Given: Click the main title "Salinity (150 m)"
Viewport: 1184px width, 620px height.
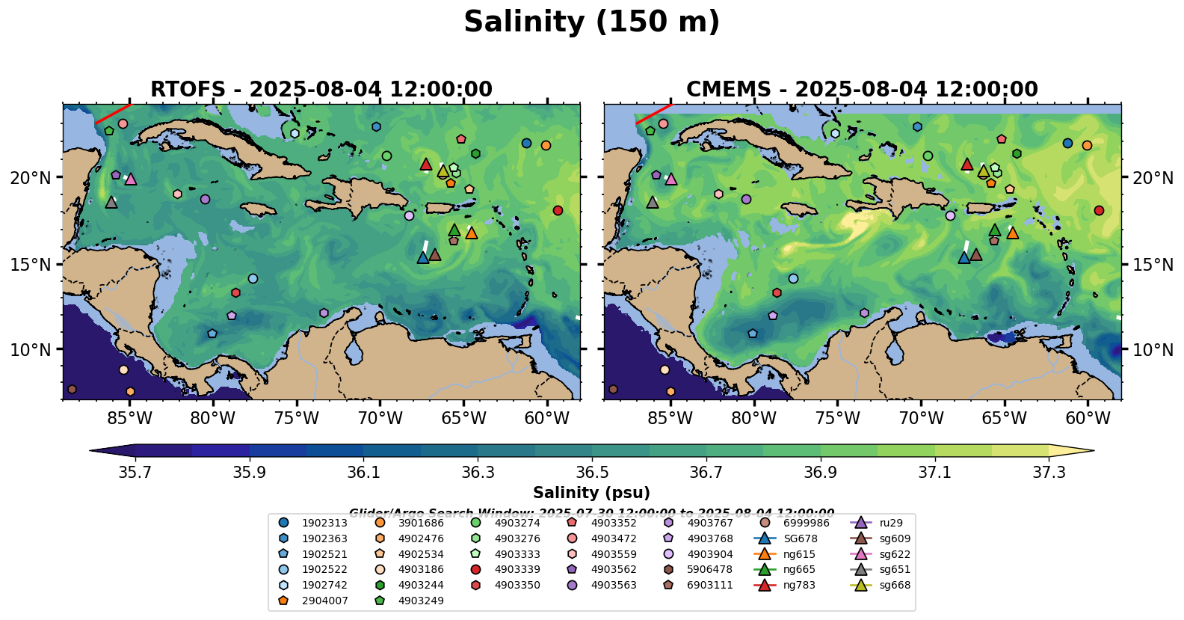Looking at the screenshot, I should tap(591, 22).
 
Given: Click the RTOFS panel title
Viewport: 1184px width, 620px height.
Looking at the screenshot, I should tap(321, 90).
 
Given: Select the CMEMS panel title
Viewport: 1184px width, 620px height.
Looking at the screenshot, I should tap(862, 90).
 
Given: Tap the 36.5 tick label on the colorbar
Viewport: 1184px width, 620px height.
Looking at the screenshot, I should tap(592, 473).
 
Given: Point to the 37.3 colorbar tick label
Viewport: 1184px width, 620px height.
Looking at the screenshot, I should tap(1049, 473).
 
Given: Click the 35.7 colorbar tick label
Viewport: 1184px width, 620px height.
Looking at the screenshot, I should tap(135, 473).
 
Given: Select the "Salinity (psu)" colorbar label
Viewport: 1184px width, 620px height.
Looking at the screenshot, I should tap(591, 493).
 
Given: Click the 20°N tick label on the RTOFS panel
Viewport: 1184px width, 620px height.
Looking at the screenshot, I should tap(31, 178).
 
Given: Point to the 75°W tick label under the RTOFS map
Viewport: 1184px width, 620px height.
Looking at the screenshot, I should tap(297, 418).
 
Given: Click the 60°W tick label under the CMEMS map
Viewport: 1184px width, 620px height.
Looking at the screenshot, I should tap(1088, 418).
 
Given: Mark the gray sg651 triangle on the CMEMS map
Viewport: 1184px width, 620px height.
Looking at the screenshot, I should tap(653, 203).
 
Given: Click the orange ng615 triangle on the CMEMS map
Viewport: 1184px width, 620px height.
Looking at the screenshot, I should tap(1013, 233).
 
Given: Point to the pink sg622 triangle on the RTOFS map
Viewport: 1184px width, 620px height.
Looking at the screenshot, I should tap(131, 179).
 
